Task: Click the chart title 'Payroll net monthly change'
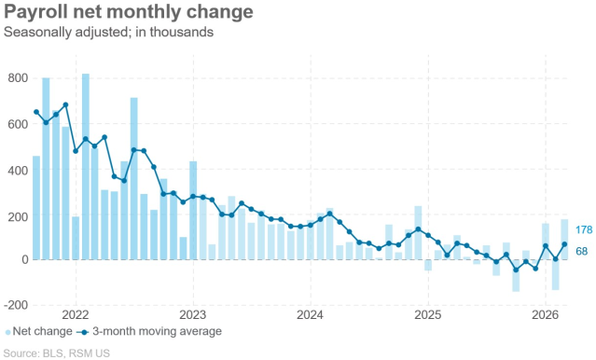(x=129, y=12)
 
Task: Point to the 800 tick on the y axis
(x=18, y=78)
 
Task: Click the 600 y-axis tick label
(x=18, y=124)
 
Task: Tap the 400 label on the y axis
(x=18, y=171)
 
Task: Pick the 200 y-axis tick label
(x=18, y=216)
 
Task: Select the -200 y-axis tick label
(x=16, y=305)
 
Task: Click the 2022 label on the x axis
(x=75, y=315)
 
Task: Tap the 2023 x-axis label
(x=192, y=315)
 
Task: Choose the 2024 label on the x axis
(x=310, y=315)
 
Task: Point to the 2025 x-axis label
(x=427, y=315)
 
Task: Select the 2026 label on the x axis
(x=545, y=315)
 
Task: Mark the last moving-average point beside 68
(x=564, y=244)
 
